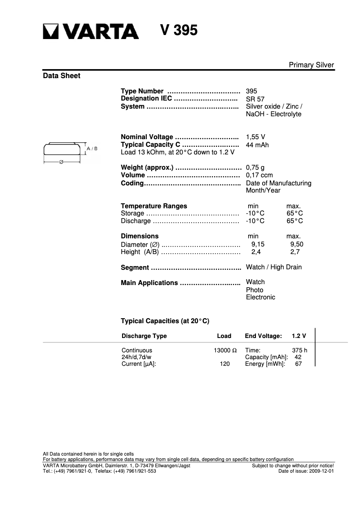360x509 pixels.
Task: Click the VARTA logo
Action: (91, 31)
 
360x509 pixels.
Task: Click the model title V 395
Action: (179, 30)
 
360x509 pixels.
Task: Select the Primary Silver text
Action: (311, 65)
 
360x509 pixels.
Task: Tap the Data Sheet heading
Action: (61, 76)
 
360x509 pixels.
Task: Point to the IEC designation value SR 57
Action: (255, 99)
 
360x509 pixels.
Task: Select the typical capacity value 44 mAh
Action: (257, 145)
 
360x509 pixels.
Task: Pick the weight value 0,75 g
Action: (255, 168)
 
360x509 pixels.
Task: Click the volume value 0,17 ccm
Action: (259, 175)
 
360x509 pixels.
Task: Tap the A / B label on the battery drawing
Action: (92, 148)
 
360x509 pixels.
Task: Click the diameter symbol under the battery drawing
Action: (61, 162)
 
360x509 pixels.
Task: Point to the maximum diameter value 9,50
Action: (297, 244)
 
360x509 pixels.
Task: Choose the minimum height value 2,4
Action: (256, 252)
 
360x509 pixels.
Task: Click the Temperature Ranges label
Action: (154, 206)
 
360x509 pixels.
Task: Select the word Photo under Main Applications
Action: (255, 290)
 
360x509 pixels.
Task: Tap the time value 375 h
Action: (299, 350)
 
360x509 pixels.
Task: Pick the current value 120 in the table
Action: (224, 364)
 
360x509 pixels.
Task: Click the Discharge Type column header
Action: (144, 336)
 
